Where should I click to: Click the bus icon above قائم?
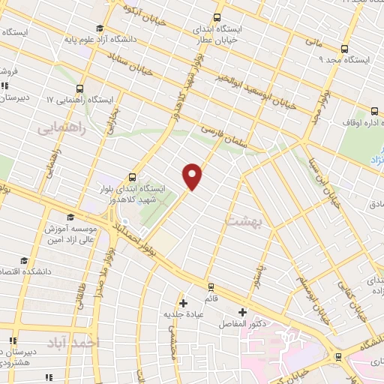(x=211, y=286)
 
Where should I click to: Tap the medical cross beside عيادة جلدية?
(x=182, y=303)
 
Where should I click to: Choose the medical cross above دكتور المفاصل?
(x=241, y=312)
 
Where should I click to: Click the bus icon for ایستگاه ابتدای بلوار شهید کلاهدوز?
(x=133, y=178)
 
